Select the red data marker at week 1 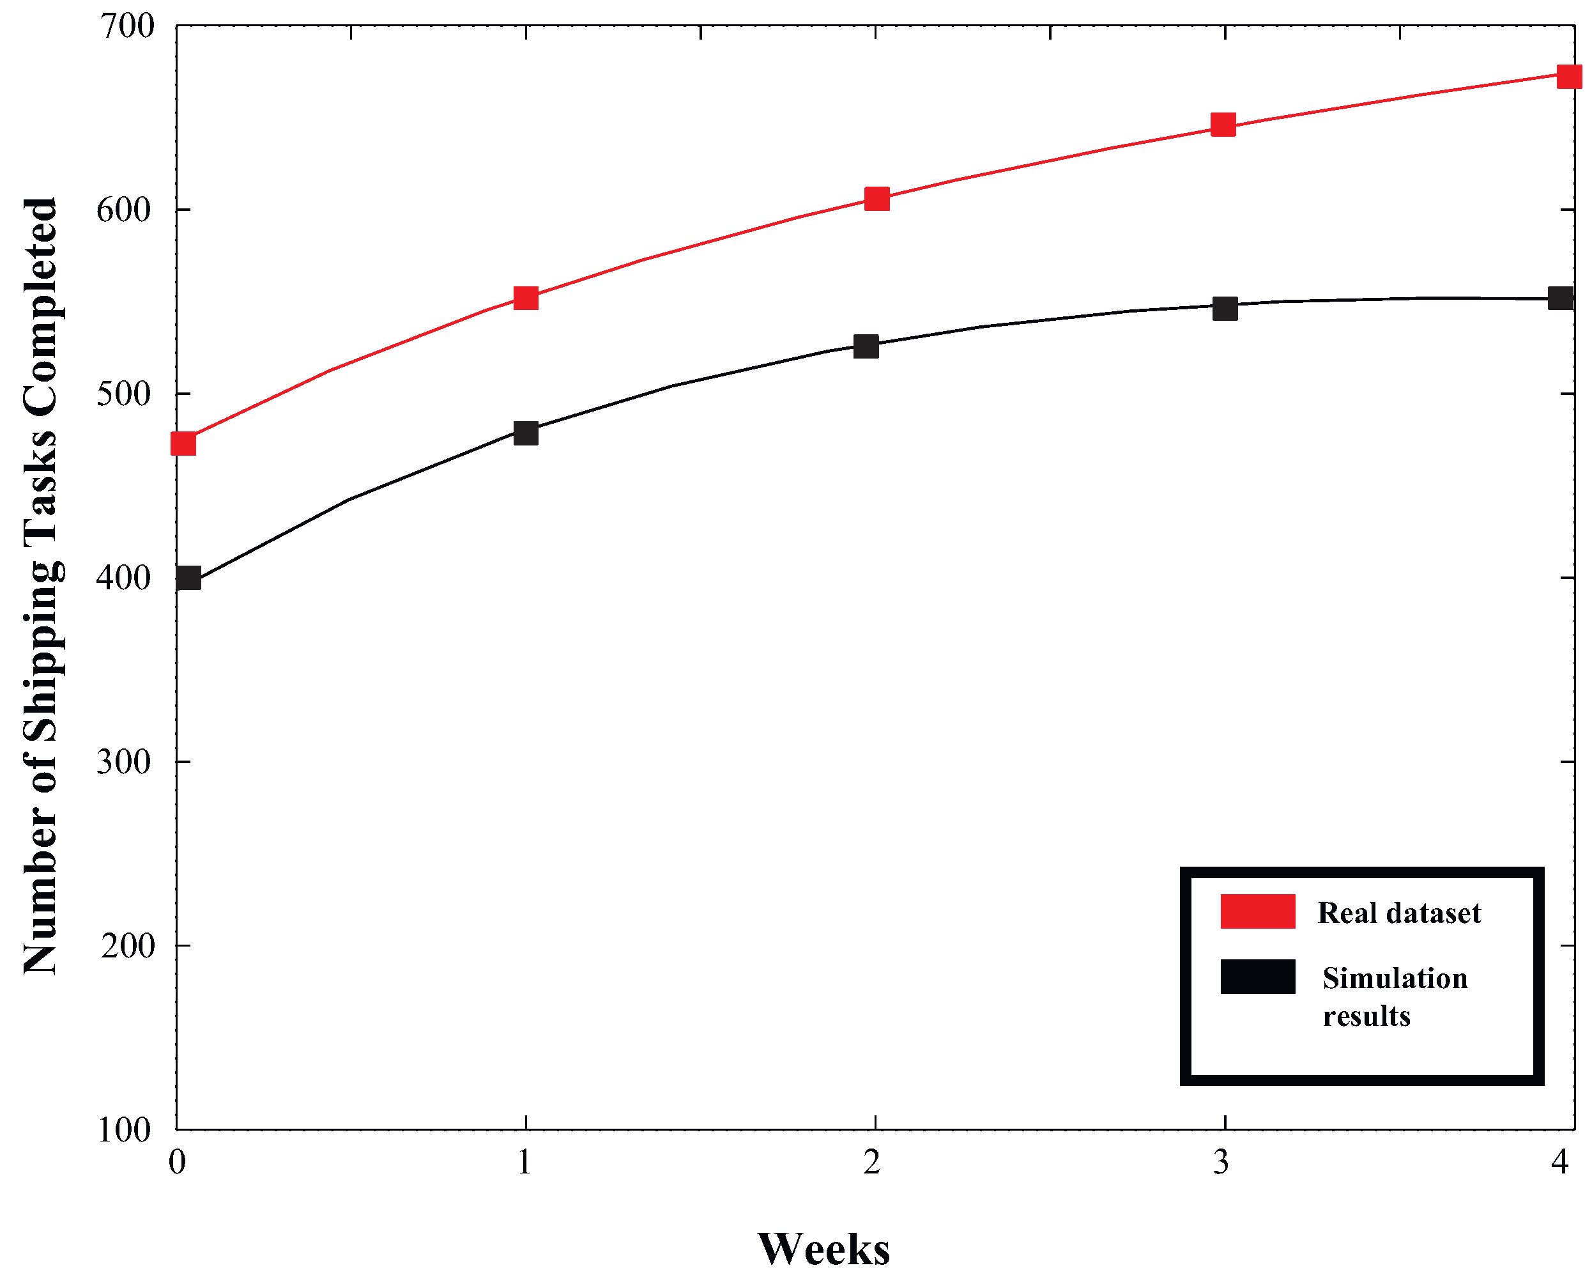click(x=525, y=298)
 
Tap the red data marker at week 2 click(x=876, y=199)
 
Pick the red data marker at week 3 click(x=1223, y=125)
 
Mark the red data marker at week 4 click(x=1569, y=75)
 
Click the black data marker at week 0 click(x=188, y=578)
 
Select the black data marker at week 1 click(x=525, y=432)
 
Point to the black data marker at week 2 click(x=866, y=346)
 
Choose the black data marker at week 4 click(x=1560, y=298)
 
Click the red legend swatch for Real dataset click(x=1257, y=911)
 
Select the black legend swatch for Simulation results click(x=1257, y=977)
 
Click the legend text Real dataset click(x=1398, y=913)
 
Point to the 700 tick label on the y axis click(x=127, y=27)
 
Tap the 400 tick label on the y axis click(x=124, y=578)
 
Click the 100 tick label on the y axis click(x=124, y=1130)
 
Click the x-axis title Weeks click(x=823, y=1248)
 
